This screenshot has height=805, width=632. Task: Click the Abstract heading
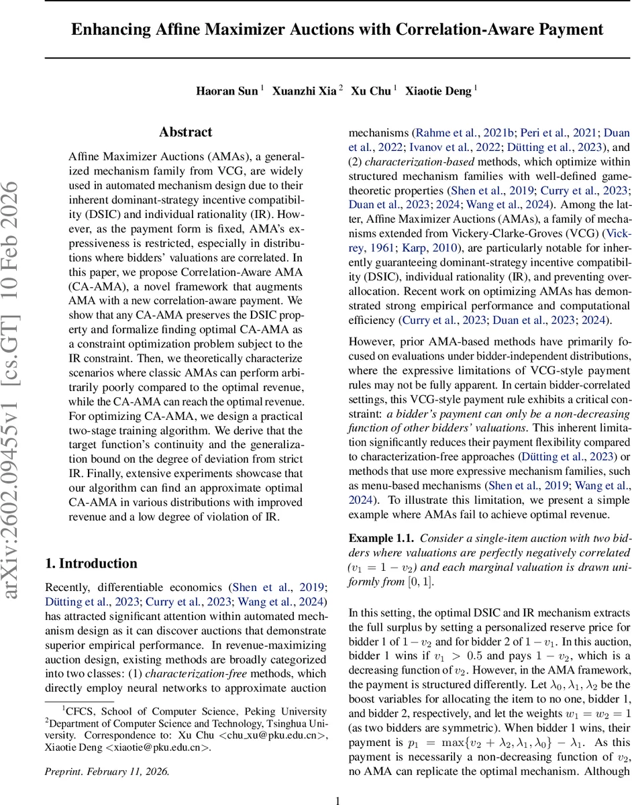[186, 132]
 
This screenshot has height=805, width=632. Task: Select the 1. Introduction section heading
[91, 563]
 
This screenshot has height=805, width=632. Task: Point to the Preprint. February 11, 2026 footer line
[107, 753]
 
